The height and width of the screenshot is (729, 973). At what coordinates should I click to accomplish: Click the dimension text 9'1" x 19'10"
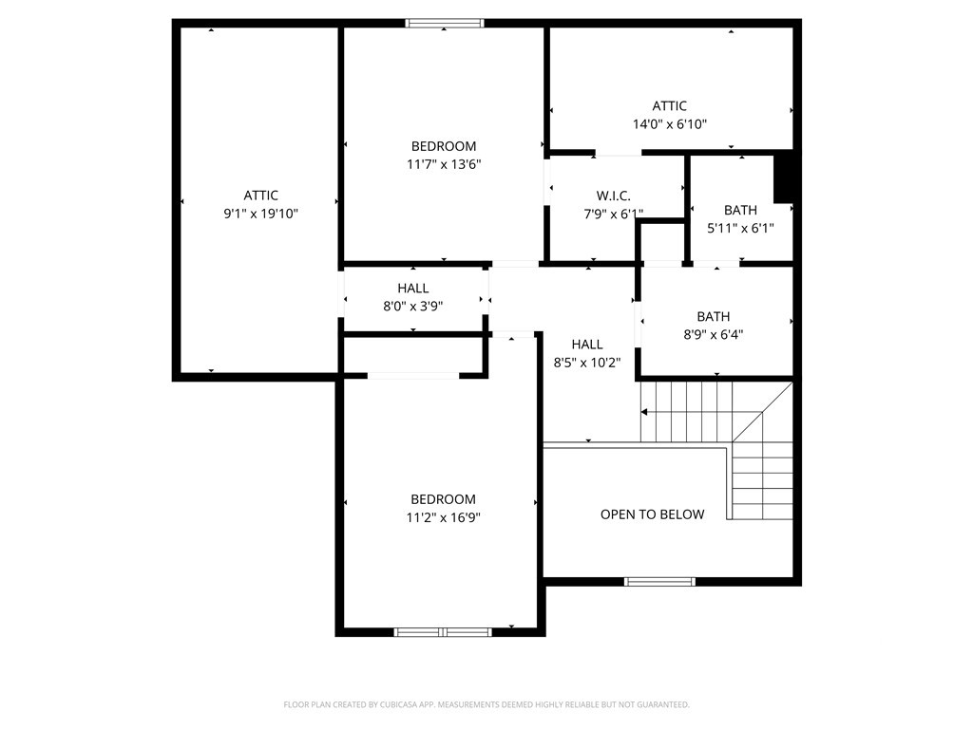260,214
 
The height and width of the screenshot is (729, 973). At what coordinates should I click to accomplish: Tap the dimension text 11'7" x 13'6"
444,164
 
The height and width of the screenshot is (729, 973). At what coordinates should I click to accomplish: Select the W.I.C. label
614,196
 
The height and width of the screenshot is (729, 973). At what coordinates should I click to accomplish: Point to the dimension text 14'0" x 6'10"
670,124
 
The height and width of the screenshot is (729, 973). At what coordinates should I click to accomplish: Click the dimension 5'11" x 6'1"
740,228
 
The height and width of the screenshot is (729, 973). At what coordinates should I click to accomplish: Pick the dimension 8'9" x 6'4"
713,335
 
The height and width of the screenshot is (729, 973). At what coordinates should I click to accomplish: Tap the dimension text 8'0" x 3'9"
412,307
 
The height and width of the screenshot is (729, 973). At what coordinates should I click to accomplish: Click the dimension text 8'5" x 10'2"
587,363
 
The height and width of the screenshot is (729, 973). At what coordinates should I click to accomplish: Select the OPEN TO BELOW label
652,514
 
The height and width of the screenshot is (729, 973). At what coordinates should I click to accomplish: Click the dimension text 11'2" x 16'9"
443,517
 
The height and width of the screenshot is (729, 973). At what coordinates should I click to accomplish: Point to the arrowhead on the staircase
644,412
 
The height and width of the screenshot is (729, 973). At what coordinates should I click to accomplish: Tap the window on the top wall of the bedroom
445,24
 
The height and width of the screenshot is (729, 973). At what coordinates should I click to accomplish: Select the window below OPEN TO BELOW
659,582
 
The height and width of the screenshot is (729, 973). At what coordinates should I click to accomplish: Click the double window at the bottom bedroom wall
443,632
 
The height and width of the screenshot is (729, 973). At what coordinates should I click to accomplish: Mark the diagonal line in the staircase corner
762,412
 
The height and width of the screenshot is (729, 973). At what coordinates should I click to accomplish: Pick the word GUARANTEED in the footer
667,705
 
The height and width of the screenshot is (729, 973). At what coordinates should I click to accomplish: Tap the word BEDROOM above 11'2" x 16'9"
443,499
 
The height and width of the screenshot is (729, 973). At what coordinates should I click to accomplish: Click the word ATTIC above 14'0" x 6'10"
670,106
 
